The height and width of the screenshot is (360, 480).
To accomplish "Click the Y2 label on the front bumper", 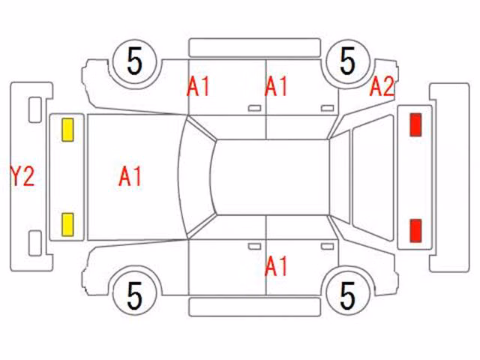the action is (x=22, y=175).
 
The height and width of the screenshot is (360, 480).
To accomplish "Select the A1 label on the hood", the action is (x=130, y=176).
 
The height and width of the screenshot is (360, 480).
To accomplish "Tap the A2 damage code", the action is (x=382, y=86).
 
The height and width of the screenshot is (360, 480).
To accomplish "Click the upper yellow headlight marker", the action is (x=67, y=130).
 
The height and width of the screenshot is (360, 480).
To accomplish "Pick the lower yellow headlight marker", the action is (x=67, y=225).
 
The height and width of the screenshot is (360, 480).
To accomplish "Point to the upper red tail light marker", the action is (x=415, y=124).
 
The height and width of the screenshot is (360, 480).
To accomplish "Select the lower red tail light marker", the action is (x=415, y=231).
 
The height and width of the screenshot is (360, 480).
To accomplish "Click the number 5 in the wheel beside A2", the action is (x=348, y=61).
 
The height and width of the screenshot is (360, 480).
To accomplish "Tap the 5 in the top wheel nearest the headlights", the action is (x=135, y=61).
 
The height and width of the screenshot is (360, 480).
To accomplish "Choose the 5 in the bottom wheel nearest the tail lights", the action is (x=348, y=295).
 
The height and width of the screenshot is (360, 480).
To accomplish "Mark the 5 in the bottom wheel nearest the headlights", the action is (x=135, y=295).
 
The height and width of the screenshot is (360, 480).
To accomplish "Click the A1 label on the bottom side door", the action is (x=276, y=266).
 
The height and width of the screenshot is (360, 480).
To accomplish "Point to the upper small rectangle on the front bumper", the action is (x=35, y=109).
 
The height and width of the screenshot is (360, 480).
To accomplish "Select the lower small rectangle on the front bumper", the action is (x=35, y=243).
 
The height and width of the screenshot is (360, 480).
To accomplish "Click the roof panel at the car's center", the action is (x=271, y=177).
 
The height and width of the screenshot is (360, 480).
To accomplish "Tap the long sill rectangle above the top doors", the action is (x=255, y=47).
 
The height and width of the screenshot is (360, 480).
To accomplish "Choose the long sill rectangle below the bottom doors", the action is (x=255, y=307).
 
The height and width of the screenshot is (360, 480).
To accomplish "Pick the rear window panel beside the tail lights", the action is (x=373, y=177).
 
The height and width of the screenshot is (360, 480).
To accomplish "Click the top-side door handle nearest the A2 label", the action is (x=327, y=108).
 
